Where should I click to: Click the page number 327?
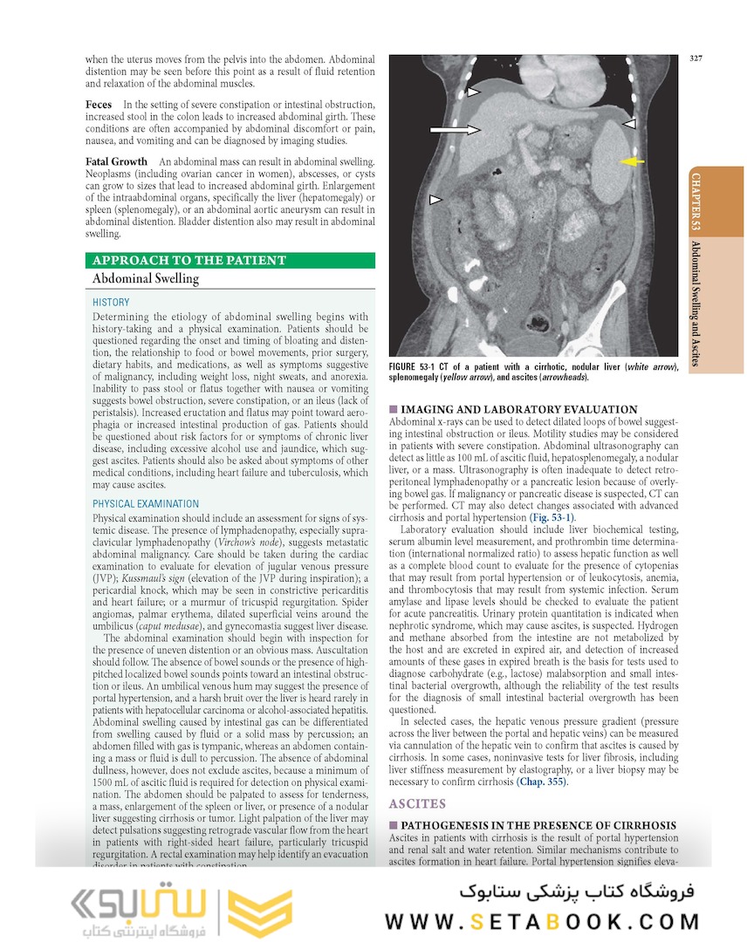(696, 59)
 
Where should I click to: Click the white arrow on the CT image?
(456, 130)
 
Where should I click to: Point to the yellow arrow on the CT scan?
(631, 161)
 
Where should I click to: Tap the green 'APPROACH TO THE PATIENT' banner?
(189, 260)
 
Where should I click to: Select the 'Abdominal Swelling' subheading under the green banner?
(146, 279)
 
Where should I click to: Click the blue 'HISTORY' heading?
(111, 302)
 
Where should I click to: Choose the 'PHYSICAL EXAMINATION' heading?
(146, 503)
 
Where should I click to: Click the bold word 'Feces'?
(99, 105)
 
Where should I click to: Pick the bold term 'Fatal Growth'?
(116, 162)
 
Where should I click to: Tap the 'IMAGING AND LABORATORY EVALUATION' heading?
(518, 409)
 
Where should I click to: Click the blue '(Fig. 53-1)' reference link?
(550, 517)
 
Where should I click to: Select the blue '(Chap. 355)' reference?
(542, 782)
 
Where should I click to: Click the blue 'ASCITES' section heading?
(418, 803)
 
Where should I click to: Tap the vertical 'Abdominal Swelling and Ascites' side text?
(696, 303)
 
